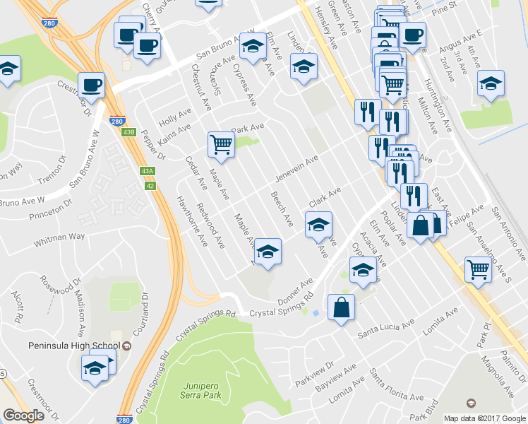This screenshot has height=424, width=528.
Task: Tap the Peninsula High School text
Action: click(71, 346)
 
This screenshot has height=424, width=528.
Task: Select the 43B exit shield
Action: click(128, 131)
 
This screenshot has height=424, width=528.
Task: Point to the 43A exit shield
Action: click(147, 171)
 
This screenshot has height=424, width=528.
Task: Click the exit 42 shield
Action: click(150, 185)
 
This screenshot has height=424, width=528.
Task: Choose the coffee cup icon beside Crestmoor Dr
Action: click(92, 86)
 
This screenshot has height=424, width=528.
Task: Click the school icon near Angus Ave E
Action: click(491, 83)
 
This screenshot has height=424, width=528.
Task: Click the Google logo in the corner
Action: click(23, 416)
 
